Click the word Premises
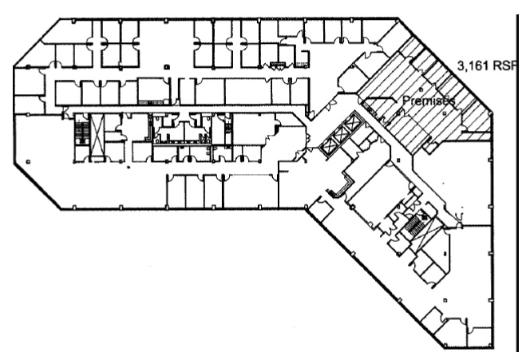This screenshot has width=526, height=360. (429, 101)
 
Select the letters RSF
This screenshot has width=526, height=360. (504, 65)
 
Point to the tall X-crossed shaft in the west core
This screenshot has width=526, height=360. (97, 136)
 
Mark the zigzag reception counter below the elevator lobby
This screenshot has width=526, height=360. (340, 188)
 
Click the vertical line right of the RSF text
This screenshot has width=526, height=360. (516, 183)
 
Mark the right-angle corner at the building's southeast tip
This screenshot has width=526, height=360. (492, 347)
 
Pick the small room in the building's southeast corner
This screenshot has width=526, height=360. (480, 336)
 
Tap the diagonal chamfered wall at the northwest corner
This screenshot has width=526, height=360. (36, 42)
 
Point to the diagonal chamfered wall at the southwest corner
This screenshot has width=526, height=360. (37, 188)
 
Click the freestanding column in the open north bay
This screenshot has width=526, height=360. (167, 67)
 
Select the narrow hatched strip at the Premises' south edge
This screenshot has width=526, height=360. (476, 136)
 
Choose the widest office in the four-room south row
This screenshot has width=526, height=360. (251, 191)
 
